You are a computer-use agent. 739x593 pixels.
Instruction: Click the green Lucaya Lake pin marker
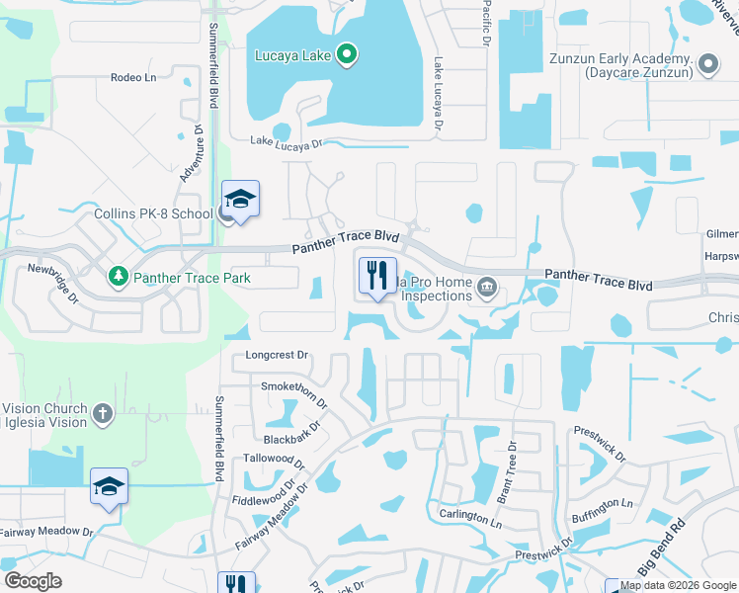pyautogui.click(x=346, y=55)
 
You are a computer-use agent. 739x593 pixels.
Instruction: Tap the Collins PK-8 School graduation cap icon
pyautogui.click(x=240, y=202)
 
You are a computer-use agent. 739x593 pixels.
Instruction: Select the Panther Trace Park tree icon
pyautogui.click(x=119, y=278)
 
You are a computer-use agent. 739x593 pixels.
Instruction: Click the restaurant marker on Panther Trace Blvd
pyautogui.click(x=376, y=278)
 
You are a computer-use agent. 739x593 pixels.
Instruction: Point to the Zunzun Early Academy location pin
pyautogui.click(x=707, y=65)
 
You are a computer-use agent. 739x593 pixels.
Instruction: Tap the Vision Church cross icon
pyautogui.click(x=103, y=413)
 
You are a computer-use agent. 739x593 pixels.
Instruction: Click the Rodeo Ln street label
pyautogui.click(x=134, y=77)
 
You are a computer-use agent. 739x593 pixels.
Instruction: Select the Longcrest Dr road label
pyautogui.click(x=277, y=355)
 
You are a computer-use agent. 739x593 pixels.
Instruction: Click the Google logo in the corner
pyautogui.click(x=33, y=580)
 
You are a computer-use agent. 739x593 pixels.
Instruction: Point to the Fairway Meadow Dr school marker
pyautogui.click(x=109, y=487)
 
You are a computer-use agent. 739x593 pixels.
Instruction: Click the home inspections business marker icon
pyautogui.click(x=487, y=289)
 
